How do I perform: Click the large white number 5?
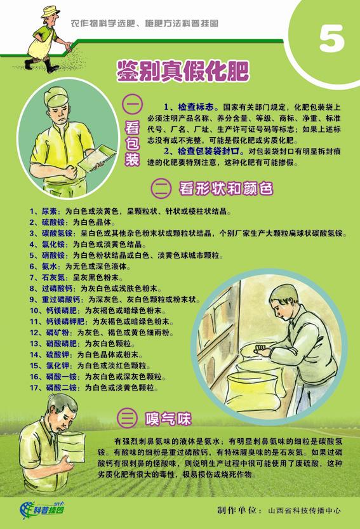[331, 39]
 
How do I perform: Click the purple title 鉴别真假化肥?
[183, 71]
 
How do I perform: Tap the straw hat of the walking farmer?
[50, 11]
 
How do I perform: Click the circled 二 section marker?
[161, 188]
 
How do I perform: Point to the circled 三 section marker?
[127, 419]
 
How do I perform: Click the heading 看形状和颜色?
[226, 188]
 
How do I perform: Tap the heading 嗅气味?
[168, 419]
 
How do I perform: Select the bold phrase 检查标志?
[196, 107]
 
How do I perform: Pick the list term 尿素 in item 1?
[49, 211]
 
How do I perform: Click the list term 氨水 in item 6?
[49, 267]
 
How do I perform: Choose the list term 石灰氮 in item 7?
[53, 278]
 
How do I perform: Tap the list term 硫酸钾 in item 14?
[57, 354]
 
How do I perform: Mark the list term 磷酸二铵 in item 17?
[62, 387]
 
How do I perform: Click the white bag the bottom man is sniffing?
[72, 447]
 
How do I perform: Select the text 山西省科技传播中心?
[304, 511]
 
